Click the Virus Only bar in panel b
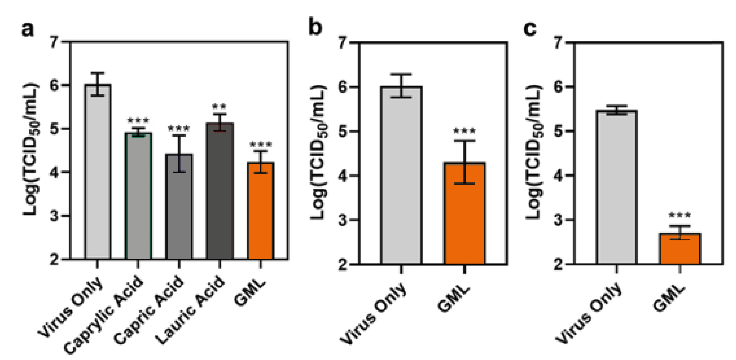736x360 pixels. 401,176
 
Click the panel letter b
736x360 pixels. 315,27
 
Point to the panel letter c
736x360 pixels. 530,28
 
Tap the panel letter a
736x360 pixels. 27,29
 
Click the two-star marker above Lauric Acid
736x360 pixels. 219,107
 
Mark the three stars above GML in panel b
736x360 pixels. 464,131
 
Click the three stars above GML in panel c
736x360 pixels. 680,216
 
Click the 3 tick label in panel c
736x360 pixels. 558,220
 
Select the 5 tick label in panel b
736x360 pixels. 343,132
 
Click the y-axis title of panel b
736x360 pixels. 318,152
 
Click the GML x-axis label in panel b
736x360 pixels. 453,299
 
